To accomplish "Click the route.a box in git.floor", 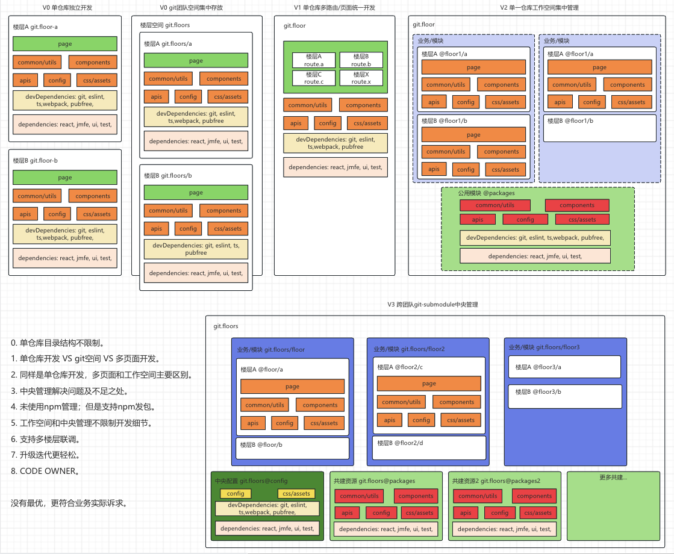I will coord(314,60).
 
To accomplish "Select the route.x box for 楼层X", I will coord(361,78).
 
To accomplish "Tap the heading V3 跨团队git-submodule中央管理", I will coord(432,305).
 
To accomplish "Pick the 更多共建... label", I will coord(613,478).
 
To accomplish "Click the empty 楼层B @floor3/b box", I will coord(564,396).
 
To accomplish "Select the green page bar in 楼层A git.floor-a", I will coord(65,44).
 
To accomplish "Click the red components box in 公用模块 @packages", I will coord(577,205).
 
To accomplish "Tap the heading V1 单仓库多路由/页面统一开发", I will coord(334,7).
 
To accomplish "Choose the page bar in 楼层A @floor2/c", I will coord(429,384).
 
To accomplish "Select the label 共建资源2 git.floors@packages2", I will coord(496,481).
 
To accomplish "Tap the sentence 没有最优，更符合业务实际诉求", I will coord(69,503).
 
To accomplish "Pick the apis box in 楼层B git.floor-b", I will coord(25,214).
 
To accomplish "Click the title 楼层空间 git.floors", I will coord(164,25).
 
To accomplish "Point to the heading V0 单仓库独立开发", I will coord(67,7).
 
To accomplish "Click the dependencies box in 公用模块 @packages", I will coord(535,256).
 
